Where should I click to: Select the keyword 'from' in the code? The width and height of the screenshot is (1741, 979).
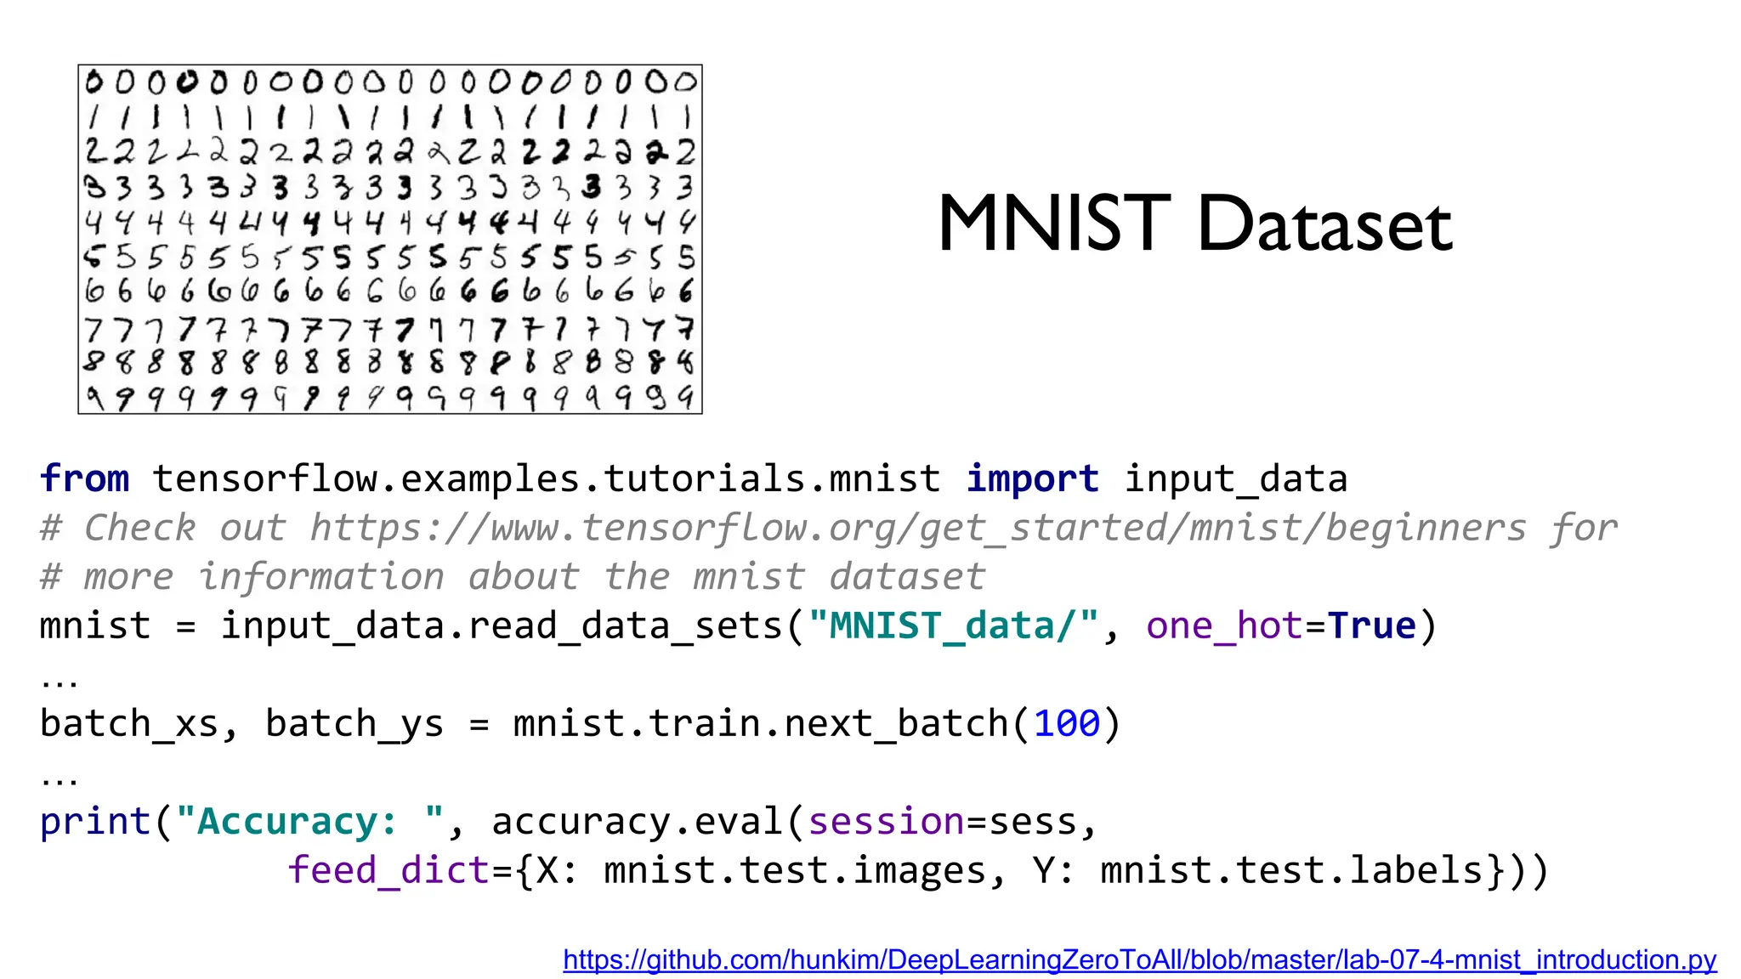tap(84, 478)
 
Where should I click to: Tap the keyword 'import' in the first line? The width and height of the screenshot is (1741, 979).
tap(1032, 478)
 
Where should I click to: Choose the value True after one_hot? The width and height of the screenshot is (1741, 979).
tap(1371, 626)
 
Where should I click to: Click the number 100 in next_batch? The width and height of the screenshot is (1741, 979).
tap(1067, 724)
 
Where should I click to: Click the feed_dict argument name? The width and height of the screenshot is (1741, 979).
tap(388, 871)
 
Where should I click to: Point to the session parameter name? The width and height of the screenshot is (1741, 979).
tap(886, 822)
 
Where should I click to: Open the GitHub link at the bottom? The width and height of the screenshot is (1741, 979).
tap(1139, 960)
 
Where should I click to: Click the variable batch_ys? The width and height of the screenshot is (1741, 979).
tap(354, 724)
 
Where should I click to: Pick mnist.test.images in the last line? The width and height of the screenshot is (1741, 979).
tap(795, 871)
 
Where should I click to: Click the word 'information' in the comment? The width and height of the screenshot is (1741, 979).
tap(321, 577)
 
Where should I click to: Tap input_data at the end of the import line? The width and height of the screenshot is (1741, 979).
tap(1236, 478)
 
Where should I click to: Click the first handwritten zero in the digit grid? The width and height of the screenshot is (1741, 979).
tap(94, 82)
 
